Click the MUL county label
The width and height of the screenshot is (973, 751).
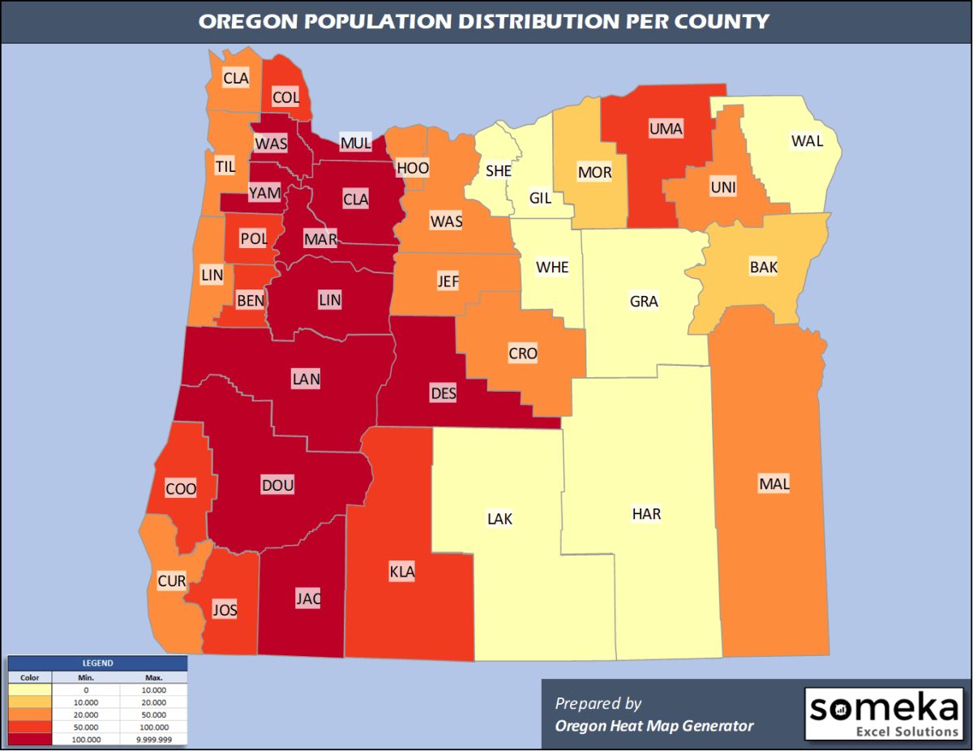click(355, 144)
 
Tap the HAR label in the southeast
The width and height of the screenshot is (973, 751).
click(646, 514)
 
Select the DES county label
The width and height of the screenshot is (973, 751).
click(444, 394)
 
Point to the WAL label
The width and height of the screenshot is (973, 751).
click(807, 141)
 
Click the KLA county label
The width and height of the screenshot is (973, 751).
click(402, 572)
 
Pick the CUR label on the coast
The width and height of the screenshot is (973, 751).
click(172, 581)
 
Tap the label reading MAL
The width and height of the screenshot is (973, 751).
click(774, 485)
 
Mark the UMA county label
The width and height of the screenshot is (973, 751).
click(666, 128)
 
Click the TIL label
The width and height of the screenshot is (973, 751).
click(225, 166)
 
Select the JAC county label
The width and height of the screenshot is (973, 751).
click(309, 599)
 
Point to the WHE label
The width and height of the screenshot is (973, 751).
click(552, 267)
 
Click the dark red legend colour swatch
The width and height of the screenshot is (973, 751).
click(29, 739)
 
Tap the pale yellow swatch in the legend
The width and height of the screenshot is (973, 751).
click(29, 689)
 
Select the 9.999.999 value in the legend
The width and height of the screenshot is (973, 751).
click(154, 739)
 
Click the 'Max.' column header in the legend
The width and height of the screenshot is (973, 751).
click(154, 677)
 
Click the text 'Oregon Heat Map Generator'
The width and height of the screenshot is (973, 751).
click(654, 726)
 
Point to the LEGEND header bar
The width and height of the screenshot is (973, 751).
click(97, 663)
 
